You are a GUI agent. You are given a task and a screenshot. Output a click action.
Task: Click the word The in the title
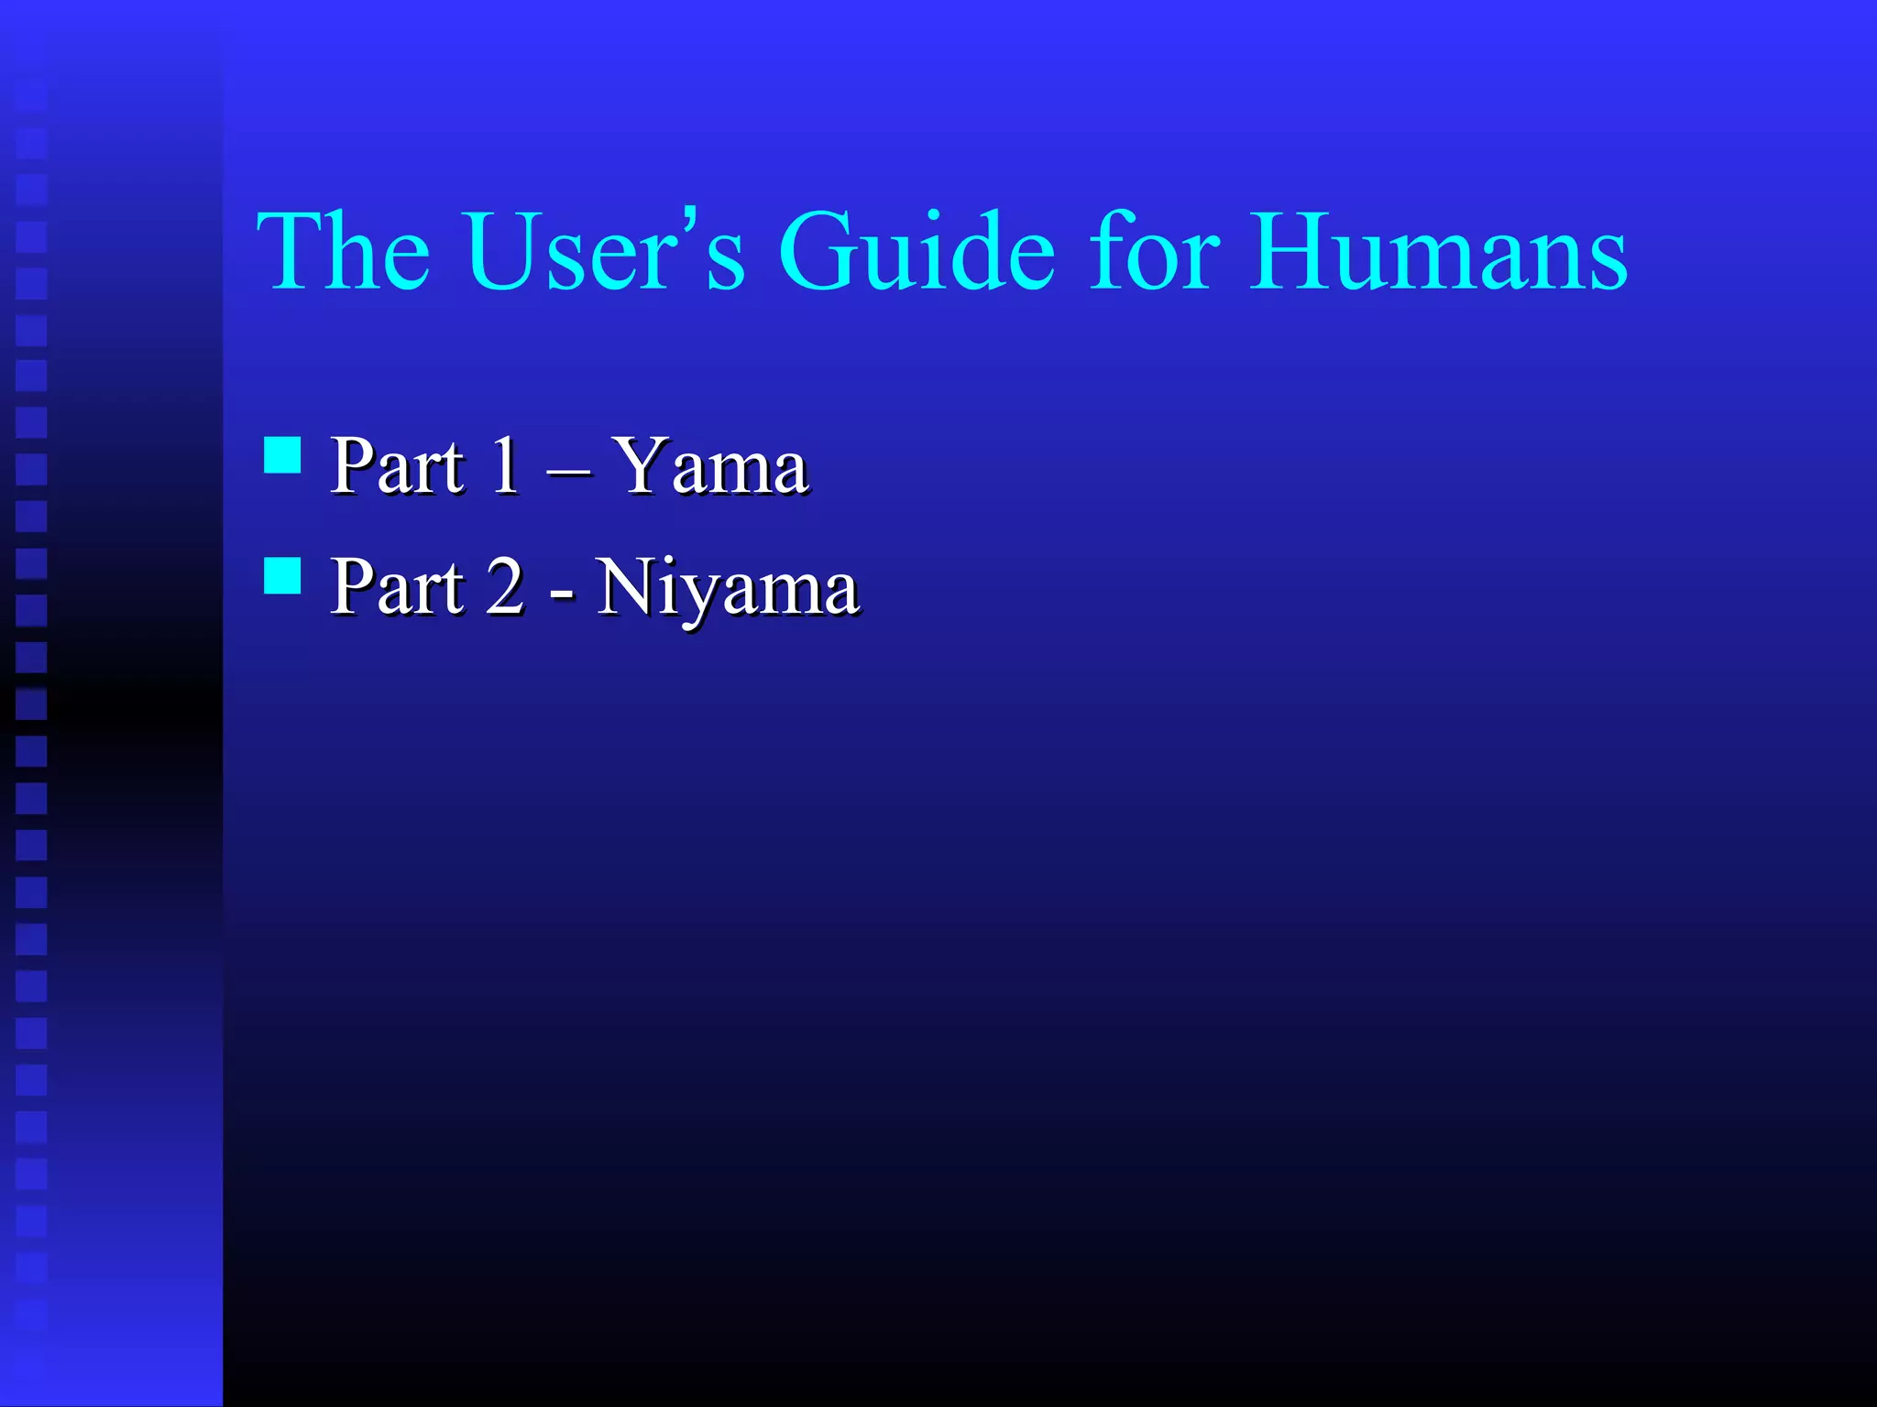click(x=343, y=251)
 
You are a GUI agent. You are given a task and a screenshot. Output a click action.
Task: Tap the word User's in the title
click(x=605, y=251)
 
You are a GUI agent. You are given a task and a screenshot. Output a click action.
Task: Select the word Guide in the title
click(x=917, y=251)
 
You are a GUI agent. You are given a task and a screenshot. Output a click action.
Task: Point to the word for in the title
click(x=1155, y=251)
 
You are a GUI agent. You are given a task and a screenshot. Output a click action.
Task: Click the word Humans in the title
click(x=1439, y=251)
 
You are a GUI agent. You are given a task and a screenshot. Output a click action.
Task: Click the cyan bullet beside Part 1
click(x=282, y=454)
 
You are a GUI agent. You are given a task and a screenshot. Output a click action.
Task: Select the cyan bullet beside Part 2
click(x=282, y=576)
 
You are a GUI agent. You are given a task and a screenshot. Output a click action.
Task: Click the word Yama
click(x=710, y=467)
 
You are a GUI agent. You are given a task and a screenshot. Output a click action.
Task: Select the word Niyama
click(x=728, y=588)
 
